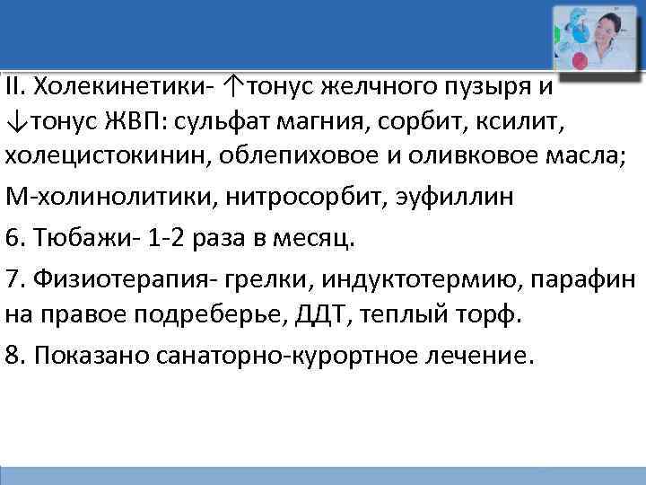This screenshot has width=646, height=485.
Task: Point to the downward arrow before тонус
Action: click(x=14, y=122)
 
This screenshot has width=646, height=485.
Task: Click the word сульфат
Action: click(x=218, y=122)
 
